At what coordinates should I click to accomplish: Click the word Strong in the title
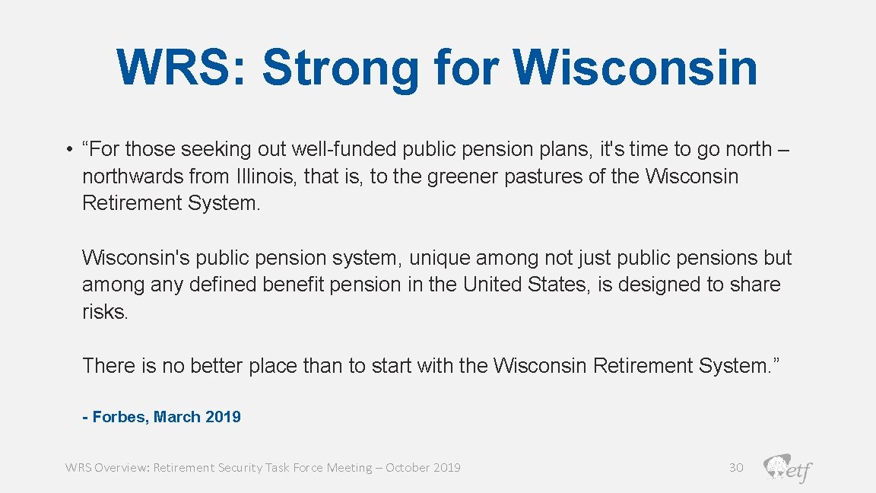[340, 68]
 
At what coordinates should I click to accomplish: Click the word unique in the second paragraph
[442, 258]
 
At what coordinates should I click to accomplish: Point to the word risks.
[105, 312]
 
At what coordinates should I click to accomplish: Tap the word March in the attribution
[177, 417]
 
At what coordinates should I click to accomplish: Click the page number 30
[736, 468]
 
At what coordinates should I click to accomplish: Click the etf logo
[788, 468]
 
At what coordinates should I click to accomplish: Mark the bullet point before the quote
[69, 150]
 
